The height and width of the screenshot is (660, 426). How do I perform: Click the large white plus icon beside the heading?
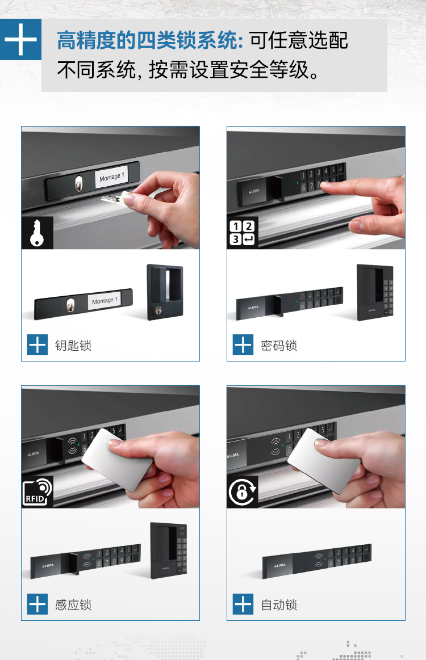[x=20, y=40]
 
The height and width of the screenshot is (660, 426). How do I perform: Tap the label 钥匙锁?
[x=73, y=346]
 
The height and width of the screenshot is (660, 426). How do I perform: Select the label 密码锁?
[x=279, y=346]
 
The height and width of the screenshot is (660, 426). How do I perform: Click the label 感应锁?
[x=73, y=605]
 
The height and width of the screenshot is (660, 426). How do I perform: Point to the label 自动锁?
[x=279, y=605]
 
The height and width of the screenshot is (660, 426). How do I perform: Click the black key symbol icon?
[x=37, y=233]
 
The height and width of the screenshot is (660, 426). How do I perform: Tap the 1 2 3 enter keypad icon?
[x=243, y=233]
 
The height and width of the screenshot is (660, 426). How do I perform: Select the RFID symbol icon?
[x=37, y=492]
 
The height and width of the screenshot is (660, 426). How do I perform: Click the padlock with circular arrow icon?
[x=243, y=491]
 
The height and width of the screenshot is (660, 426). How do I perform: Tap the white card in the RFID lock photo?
[x=117, y=460]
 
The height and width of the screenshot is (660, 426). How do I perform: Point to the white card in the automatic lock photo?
[x=324, y=460]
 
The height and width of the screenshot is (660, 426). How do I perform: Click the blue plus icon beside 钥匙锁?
[x=37, y=345]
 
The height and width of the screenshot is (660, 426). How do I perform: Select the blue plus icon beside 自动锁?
[x=243, y=604]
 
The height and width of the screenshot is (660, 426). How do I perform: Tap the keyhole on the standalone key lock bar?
[x=71, y=305]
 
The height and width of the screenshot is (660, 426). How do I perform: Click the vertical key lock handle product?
[x=165, y=292]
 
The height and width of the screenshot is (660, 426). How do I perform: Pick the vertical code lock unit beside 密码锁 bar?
[x=374, y=292]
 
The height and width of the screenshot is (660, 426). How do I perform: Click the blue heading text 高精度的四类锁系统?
[x=150, y=40]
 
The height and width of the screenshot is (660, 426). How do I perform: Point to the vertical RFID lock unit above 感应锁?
[x=169, y=550]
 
